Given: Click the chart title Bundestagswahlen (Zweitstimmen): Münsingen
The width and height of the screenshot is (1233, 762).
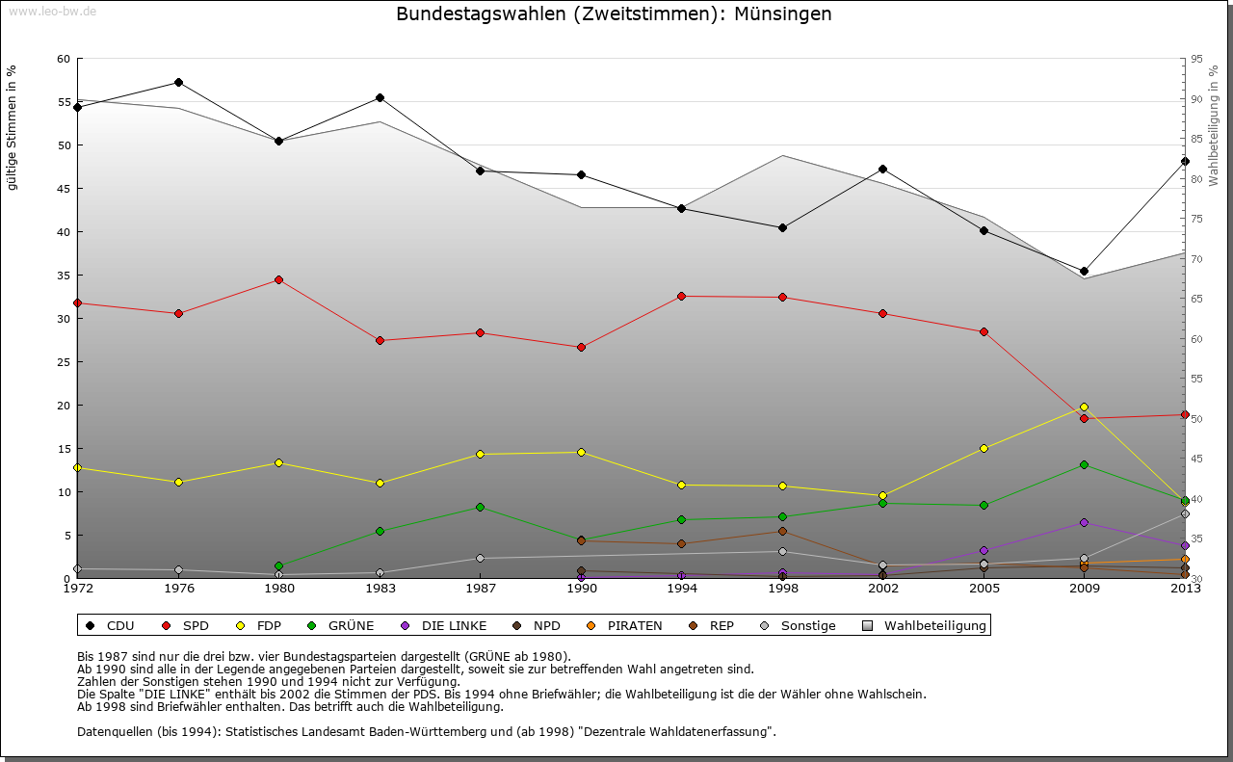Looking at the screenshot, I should pyautogui.click(x=614, y=14).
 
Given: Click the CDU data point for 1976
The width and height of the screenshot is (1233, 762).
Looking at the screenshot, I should pyautogui.click(x=178, y=82).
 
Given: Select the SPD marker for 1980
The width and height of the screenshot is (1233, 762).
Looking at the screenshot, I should pyautogui.click(x=278, y=279).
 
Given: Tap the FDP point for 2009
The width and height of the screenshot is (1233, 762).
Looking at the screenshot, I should pyautogui.click(x=1084, y=407).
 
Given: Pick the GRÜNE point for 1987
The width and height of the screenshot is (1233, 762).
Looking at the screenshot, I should pyautogui.click(x=480, y=507).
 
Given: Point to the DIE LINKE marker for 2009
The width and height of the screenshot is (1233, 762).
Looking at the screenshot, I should pyautogui.click(x=1084, y=522).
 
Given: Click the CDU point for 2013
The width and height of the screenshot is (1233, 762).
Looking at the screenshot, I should pyautogui.click(x=1185, y=161).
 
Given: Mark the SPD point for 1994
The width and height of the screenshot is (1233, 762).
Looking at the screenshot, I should pyautogui.click(x=681, y=296).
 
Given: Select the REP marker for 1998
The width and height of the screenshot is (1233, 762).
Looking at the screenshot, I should pyautogui.click(x=782, y=531).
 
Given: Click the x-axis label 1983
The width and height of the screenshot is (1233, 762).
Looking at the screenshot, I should pyautogui.click(x=380, y=588).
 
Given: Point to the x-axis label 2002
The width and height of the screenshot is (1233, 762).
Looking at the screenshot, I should pyautogui.click(x=882, y=588).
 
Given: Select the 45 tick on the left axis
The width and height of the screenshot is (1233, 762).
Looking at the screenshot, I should pyautogui.click(x=64, y=189).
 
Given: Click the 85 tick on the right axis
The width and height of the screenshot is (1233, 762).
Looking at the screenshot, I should pyautogui.click(x=1195, y=139).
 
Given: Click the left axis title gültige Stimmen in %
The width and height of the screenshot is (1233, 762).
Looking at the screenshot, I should pyautogui.click(x=13, y=127).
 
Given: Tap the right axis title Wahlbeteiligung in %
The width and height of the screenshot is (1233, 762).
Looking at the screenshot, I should pyautogui.click(x=1214, y=126).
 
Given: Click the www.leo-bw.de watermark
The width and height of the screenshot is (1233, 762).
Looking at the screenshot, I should pyautogui.click(x=52, y=12).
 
